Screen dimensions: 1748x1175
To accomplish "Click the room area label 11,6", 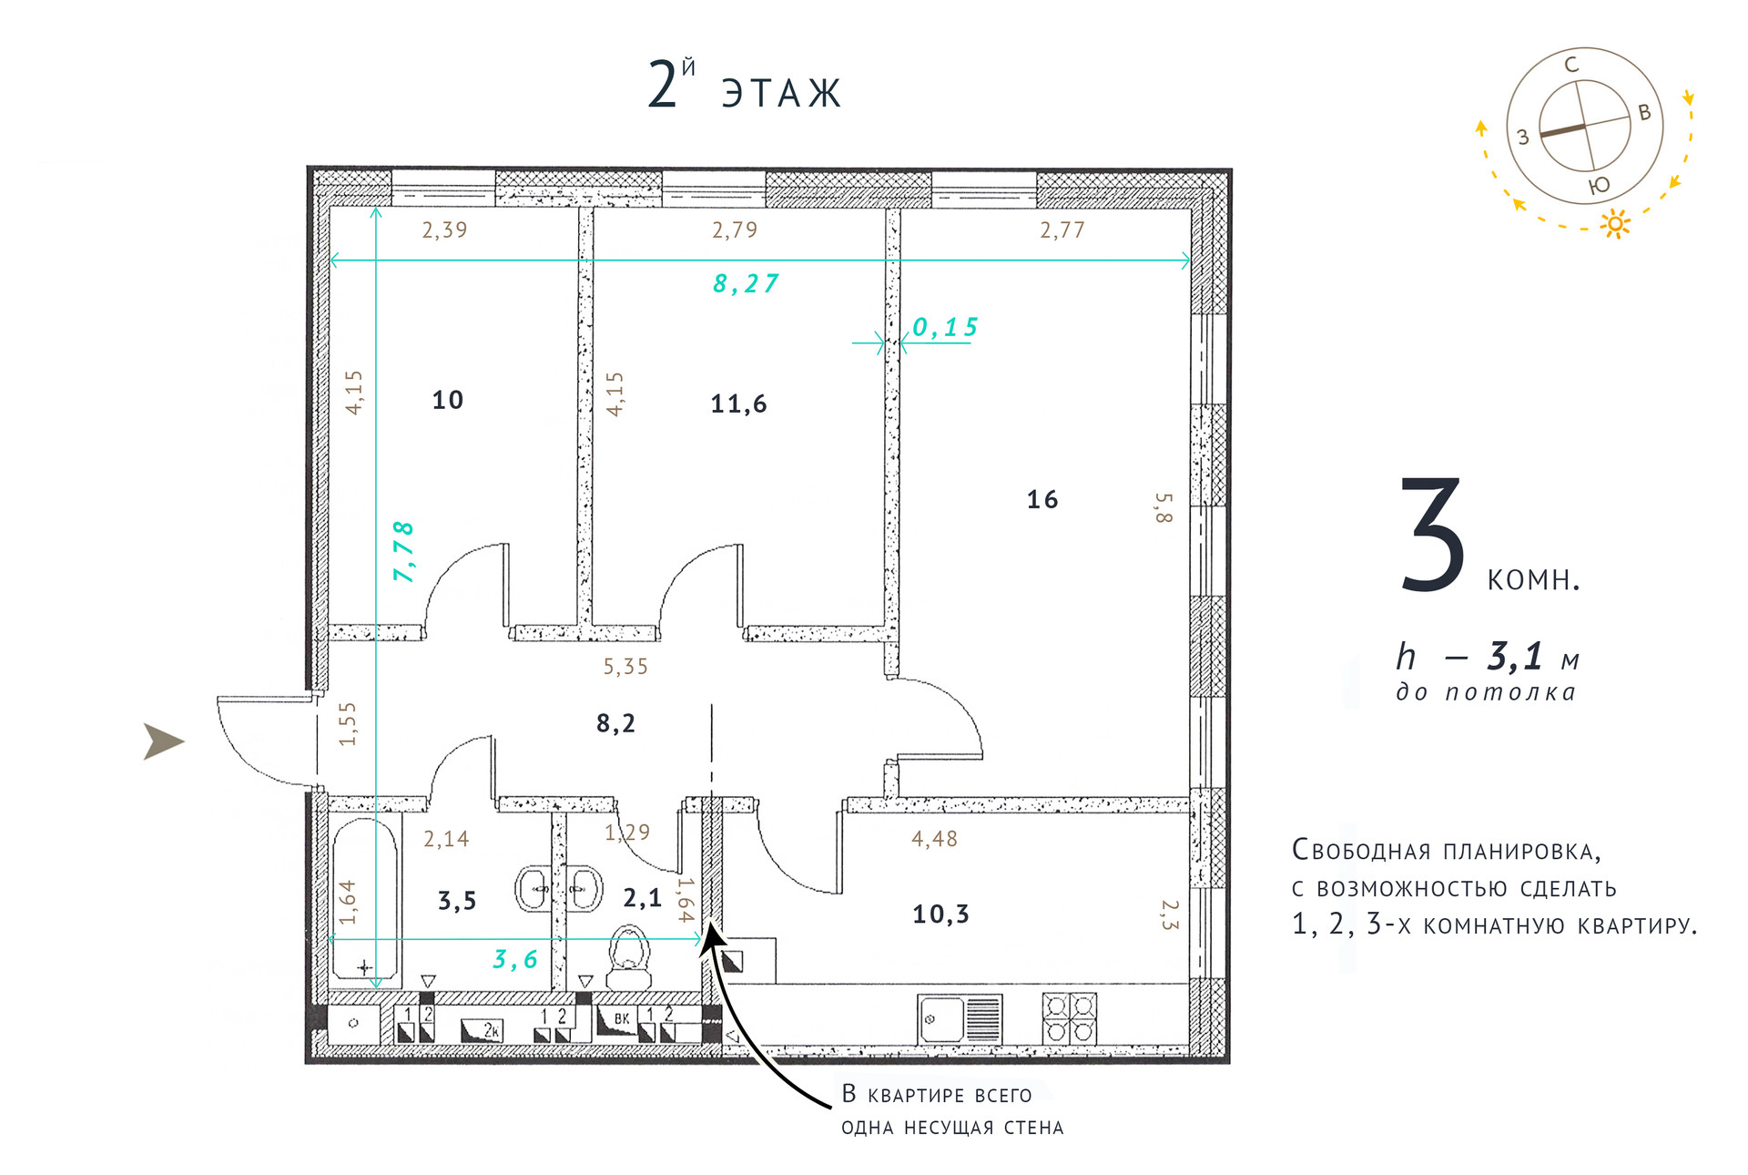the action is pyautogui.click(x=738, y=404).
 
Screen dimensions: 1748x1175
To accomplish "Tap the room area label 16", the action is pyautogui.click(x=1042, y=499).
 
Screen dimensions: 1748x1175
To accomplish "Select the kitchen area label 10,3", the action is pyautogui.click(x=940, y=914).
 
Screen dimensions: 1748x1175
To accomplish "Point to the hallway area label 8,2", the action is pyautogui.click(x=615, y=723).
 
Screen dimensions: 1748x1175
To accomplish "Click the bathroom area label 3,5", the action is pyautogui.click(x=457, y=901).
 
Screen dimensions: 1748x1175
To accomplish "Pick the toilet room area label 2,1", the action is pyautogui.click(x=642, y=898).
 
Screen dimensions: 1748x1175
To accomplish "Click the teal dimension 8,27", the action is pyautogui.click(x=746, y=284).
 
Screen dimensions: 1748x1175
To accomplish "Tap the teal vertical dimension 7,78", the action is pyautogui.click(x=403, y=551).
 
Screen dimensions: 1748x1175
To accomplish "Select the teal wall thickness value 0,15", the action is pyautogui.click(x=945, y=327).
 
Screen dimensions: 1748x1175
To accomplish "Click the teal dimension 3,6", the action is pyautogui.click(x=514, y=959).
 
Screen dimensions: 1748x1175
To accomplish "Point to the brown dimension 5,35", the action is pyautogui.click(x=625, y=667).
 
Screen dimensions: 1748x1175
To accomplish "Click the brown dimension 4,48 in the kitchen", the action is pyautogui.click(x=934, y=839).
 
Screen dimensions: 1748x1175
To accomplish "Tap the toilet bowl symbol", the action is pyautogui.click(x=629, y=957).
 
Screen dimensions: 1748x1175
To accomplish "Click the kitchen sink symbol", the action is pyautogui.click(x=960, y=1018).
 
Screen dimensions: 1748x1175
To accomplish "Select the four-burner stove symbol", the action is pyautogui.click(x=1069, y=1017).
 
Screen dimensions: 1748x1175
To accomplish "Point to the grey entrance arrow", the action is pyautogui.click(x=164, y=741).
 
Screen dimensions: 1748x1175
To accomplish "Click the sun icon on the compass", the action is pyautogui.click(x=1615, y=223).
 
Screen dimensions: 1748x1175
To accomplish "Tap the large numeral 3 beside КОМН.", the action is pyautogui.click(x=1432, y=534).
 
